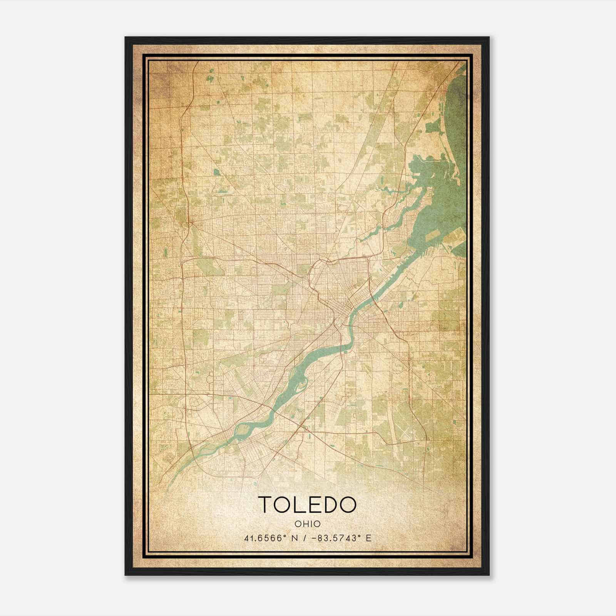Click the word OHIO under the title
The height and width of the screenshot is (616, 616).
308,524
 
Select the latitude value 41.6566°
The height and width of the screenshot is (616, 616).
265,538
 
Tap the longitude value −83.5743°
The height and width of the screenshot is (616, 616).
334,538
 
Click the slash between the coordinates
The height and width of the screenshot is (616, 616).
306,538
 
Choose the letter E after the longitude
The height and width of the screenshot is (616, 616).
368,538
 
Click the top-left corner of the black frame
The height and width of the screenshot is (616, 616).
126,38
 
